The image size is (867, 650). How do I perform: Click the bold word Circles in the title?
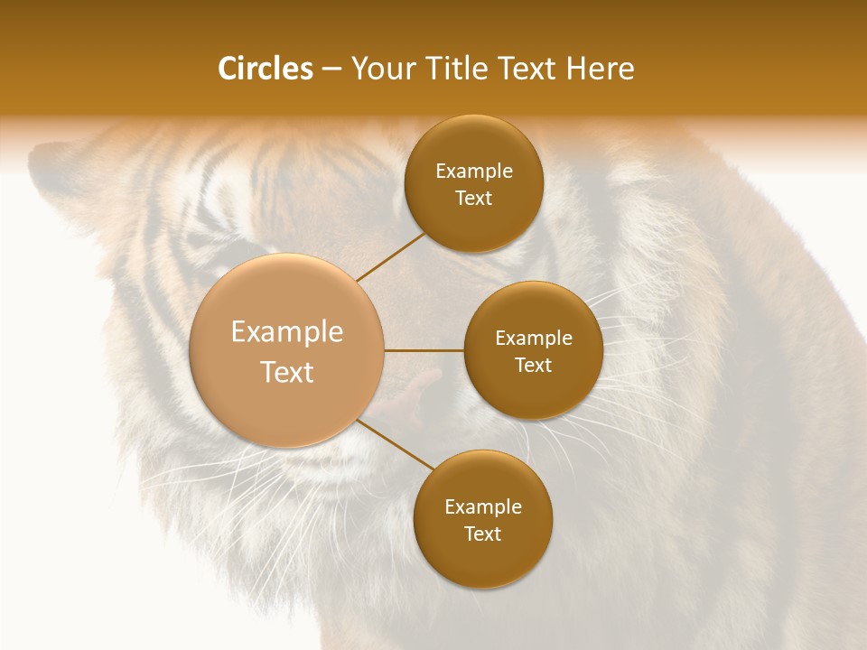(x=266, y=69)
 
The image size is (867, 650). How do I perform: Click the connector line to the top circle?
(x=391, y=256)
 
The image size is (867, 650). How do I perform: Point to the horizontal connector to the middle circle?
(x=424, y=350)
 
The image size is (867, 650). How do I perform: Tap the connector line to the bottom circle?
(x=395, y=444)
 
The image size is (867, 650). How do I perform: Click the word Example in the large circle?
(x=287, y=332)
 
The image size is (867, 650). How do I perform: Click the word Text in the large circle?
(x=287, y=372)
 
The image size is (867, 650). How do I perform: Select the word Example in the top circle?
(x=473, y=172)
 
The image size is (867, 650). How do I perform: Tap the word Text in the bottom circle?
(x=482, y=534)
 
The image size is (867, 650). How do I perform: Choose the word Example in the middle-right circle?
(x=533, y=339)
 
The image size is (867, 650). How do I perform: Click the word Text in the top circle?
(x=473, y=199)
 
